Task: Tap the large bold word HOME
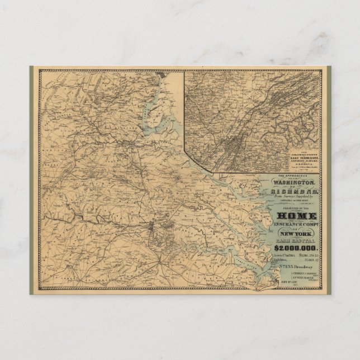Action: click(x=296, y=215)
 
